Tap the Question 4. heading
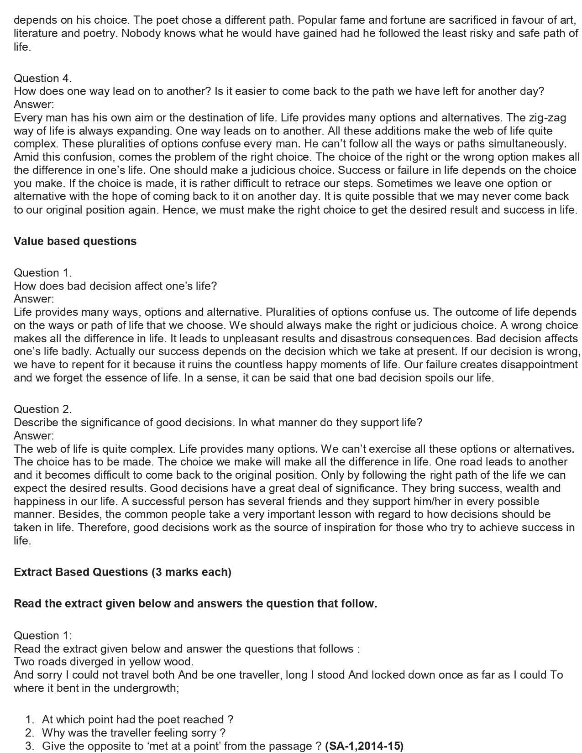point(42,78)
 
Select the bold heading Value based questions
point(75,241)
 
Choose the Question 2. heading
point(42,409)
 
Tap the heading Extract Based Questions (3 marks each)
point(122,572)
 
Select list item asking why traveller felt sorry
point(134,733)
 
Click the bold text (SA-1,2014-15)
point(364,746)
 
